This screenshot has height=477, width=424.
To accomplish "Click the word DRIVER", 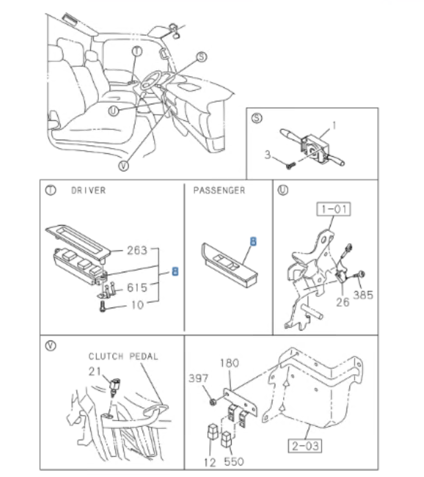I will (x=88, y=191).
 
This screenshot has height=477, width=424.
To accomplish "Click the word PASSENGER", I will (x=219, y=190).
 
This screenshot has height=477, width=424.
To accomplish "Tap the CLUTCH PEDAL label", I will (x=123, y=356).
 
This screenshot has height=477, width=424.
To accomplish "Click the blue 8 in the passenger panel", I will (x=253, y=241).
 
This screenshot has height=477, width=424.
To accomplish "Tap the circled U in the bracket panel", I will (x=283, y=190).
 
